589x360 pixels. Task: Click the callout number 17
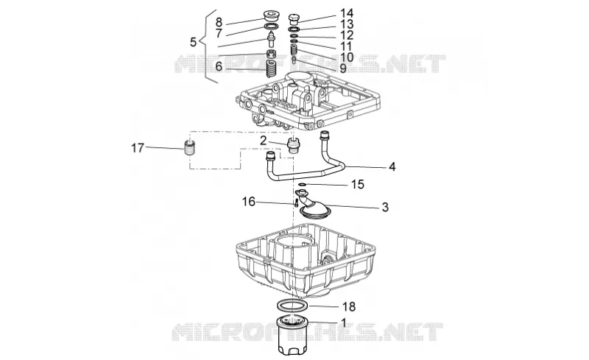[x=138, y=148]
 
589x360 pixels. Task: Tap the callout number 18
[x=349, y=307]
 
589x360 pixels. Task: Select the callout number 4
[x=392, y=166]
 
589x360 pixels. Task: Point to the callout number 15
[x=358, y=185]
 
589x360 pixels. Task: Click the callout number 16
[x=249, y=202]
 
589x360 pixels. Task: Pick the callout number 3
[x=385, y=207]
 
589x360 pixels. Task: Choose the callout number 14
[x=347, y=13]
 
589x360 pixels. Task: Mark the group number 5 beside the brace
[x=193, y=42]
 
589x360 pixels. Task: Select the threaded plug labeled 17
[x=191, y=149]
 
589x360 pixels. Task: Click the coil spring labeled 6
[x=271, y=68]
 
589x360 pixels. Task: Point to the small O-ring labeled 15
[x=302, y=185]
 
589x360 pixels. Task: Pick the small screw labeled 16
[x=297, y=203]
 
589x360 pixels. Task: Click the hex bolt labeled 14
[x=294, y=19]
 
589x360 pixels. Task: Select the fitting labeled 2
[x=292, y=146]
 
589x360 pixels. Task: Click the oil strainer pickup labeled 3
[x=313, y=206]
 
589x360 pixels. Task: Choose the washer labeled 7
[x=270, y=27]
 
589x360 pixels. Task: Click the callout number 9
[x=343, y=68]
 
